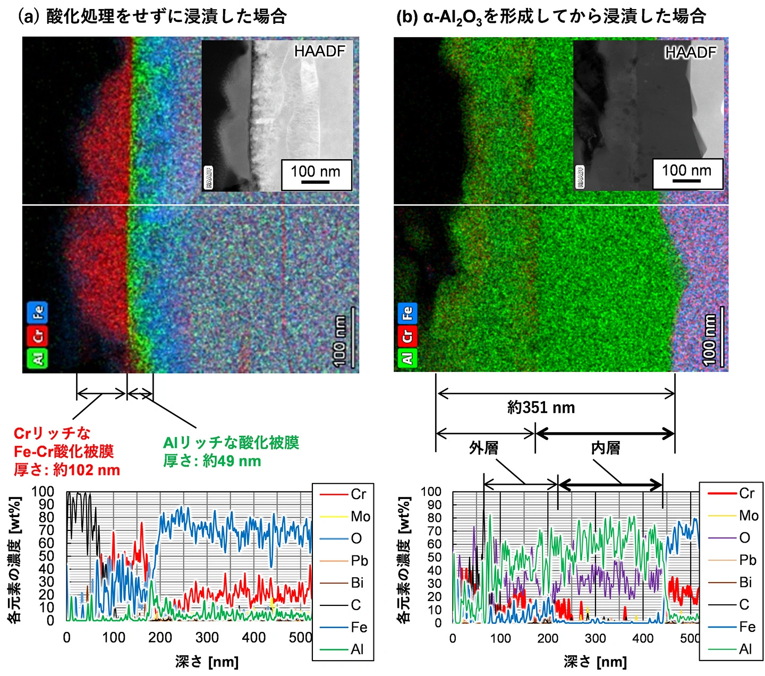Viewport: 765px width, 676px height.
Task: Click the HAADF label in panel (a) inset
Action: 319,51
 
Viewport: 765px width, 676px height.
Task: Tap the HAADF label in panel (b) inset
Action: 690,52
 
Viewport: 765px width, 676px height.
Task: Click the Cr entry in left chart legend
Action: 358,494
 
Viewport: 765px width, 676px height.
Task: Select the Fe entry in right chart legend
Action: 747,627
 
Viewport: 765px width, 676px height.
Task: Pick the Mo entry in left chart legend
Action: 360,517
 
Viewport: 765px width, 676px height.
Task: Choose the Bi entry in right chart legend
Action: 745,582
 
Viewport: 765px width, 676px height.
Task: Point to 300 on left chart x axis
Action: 207,637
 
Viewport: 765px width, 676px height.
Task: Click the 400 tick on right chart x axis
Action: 643,638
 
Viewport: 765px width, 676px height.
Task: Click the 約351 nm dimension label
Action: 541,408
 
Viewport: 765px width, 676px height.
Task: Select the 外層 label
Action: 483,448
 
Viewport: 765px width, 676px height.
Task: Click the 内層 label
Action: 606,448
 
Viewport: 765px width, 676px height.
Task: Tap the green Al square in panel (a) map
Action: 37,358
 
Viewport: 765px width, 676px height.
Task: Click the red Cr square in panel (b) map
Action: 407,336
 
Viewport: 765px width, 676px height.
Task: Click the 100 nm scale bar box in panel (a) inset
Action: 316,174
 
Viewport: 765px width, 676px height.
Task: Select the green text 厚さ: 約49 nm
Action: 212,461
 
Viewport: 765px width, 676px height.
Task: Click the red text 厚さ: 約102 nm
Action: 67,470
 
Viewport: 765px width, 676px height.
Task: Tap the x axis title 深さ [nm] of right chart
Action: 595,662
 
